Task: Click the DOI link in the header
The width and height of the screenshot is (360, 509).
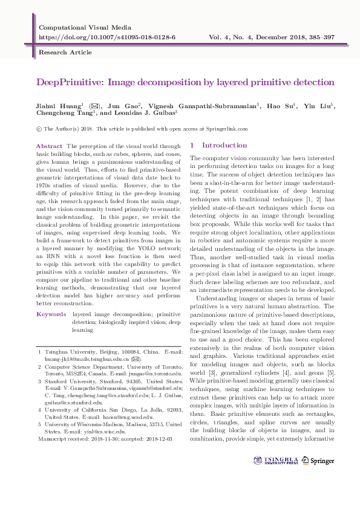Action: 107,37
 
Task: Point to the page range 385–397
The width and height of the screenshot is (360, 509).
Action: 315,37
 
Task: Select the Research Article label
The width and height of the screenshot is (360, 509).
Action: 61,53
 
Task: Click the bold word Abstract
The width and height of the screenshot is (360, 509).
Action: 50,146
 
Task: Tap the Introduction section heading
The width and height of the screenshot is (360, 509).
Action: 224,145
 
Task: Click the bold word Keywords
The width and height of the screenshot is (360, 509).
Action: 51,314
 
